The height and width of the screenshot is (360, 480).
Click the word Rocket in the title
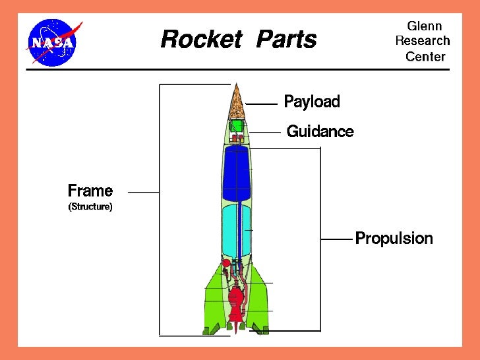pyautogui.click(x=202, y=40)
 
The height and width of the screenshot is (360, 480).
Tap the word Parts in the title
pyautogui.click(x=286, y=40)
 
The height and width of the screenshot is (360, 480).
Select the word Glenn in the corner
pyautogui.click(x=425, y=26)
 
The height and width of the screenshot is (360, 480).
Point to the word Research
pyautogui.click(x=423, y=41)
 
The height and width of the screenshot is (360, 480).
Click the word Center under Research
pyautogui.click(x=425, y=56)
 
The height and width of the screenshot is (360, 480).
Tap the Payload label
pyautogui.click(x=311, y=102)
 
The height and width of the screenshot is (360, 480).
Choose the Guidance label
pyautogui.click(x=320, y=132)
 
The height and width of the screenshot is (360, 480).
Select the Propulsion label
pyautogui.click(x=394, y=238)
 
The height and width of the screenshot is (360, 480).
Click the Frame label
pyautogui.click(x=90, y=191)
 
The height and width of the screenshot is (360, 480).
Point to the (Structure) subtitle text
pyautogui.click(x=90, y=207)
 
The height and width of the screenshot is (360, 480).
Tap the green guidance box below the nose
pyautogui.click(x=237, y=126)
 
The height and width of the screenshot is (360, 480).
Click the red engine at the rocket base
pyautogui.click(x=235, y=300)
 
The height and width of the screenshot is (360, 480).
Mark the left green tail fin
pyautogui.click(x=214, y=297)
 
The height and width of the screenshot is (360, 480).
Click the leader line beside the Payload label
pyautogui.click(x=261, y=104)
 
